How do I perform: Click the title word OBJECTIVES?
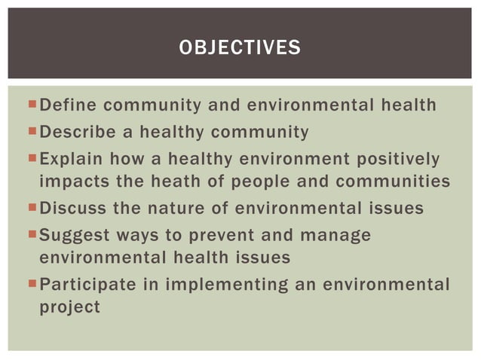(240, 49)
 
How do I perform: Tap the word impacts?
(71, 182)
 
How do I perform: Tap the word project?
(69, 307)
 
